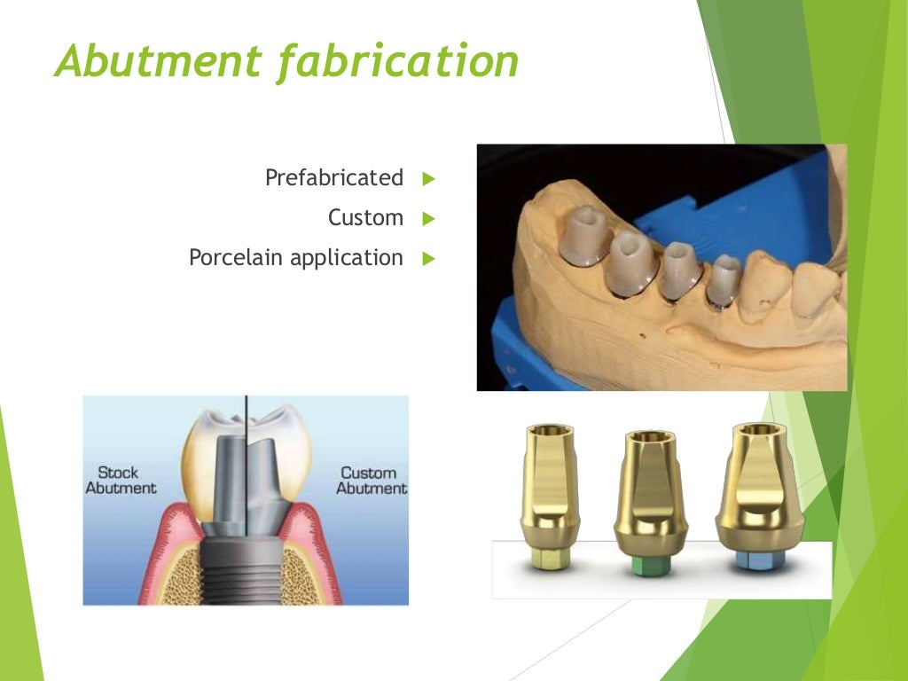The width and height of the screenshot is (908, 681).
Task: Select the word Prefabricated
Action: pos(333,177)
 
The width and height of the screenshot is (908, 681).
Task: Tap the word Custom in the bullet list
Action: pos(365,217)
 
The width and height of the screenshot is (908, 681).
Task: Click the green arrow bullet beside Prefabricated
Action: pos(429,178)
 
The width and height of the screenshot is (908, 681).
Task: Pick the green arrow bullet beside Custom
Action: pos(429,218)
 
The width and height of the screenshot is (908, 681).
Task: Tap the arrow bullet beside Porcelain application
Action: pos(429,259)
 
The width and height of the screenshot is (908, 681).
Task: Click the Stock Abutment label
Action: pos(120,480)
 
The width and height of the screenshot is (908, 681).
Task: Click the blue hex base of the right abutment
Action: pos(760,560)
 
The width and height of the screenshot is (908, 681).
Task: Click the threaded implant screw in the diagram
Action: pos(245,567)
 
